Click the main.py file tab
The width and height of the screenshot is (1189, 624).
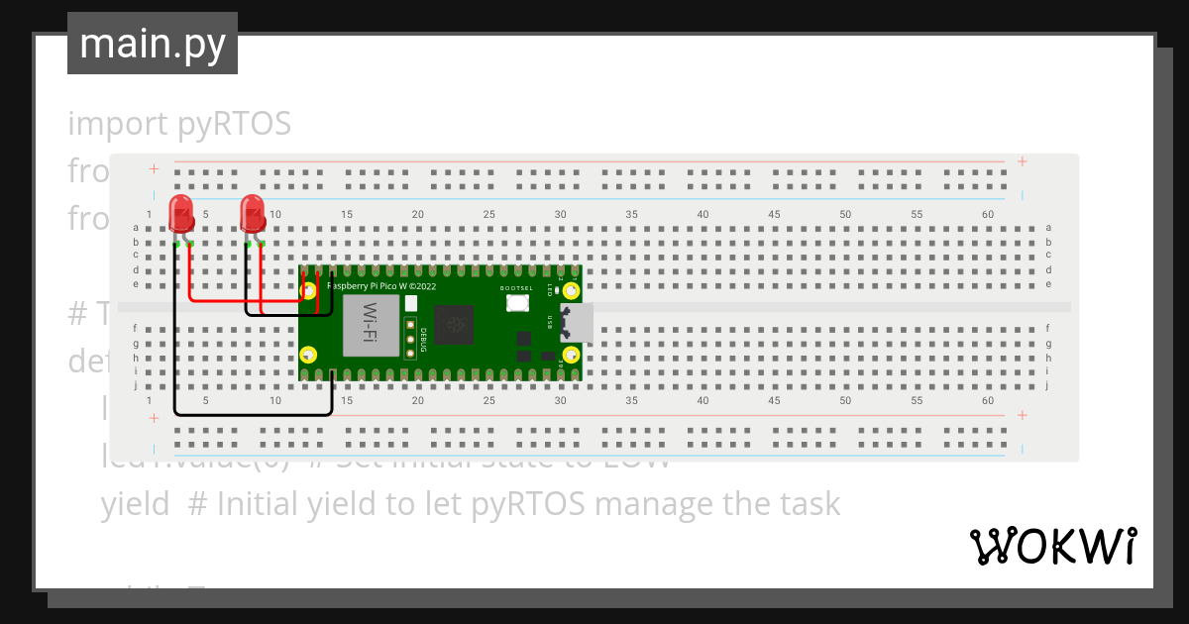tap(153, 44)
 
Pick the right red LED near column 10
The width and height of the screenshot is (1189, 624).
tap(253, 214)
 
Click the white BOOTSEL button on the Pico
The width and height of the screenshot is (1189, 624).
tap(517, 302)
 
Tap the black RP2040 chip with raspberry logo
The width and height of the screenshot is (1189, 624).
tap(456, 324)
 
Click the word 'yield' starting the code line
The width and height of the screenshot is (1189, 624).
tap(135, 504)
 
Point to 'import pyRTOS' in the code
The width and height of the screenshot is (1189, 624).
tap(179, 124)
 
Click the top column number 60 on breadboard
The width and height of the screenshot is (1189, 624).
tap(988, 215)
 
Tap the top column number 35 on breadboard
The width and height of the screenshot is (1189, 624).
tap(631, 215)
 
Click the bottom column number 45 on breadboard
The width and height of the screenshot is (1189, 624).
tap(774, 400)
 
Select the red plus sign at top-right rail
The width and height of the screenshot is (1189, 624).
tap(1022, 162)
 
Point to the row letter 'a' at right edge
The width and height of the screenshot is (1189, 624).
tap(1048, 228)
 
